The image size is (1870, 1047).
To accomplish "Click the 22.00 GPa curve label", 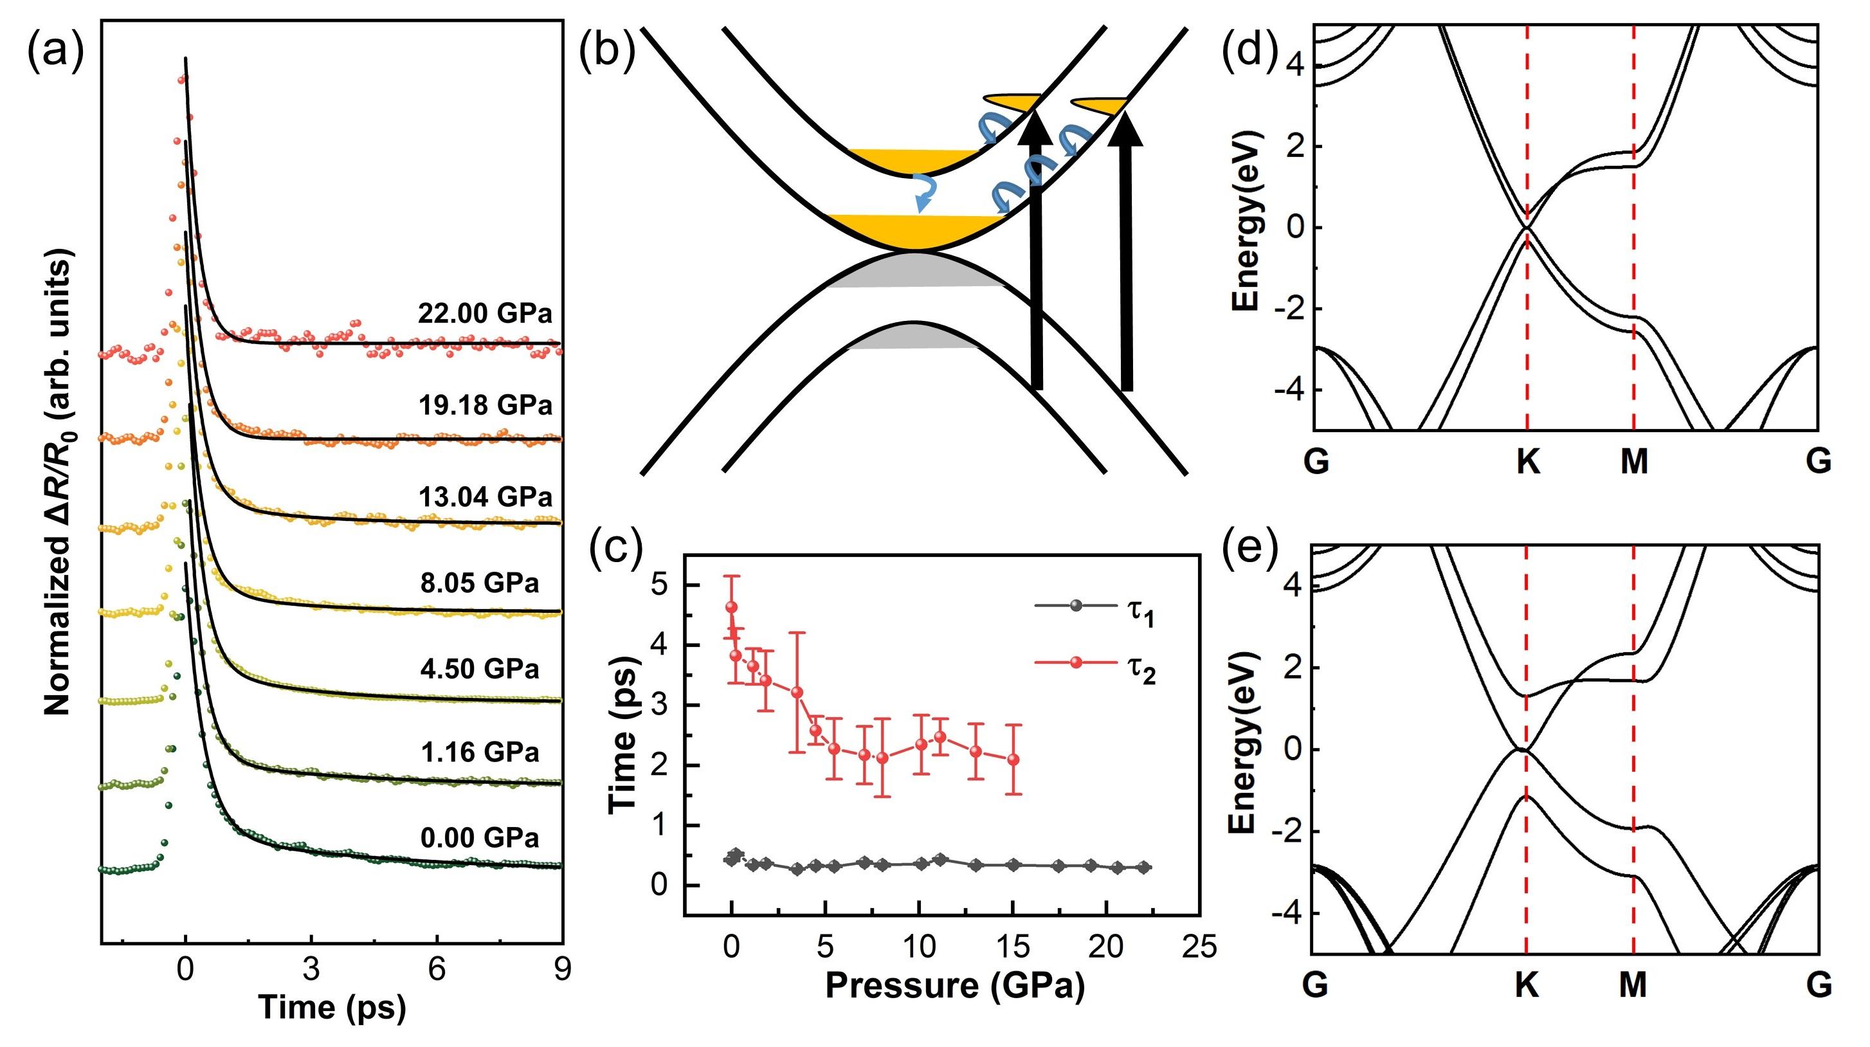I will (485, 313).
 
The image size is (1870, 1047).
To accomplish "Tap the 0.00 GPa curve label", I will (480, 838).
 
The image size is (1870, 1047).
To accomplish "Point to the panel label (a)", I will (55, 52).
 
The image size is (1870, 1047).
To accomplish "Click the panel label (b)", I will (607, 52).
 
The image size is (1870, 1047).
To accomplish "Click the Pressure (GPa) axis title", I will (954, 985).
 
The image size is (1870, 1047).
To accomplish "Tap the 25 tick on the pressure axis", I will (1199, 947).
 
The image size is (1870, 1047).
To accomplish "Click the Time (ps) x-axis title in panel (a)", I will (332, 1007).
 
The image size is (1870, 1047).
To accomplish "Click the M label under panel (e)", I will (1634, 985).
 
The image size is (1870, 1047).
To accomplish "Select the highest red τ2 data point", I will (731, 607).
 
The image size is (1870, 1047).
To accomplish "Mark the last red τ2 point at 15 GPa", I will (1013, 760).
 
